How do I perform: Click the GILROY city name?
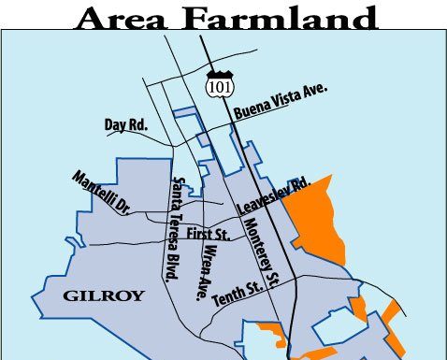click(104, 296)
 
